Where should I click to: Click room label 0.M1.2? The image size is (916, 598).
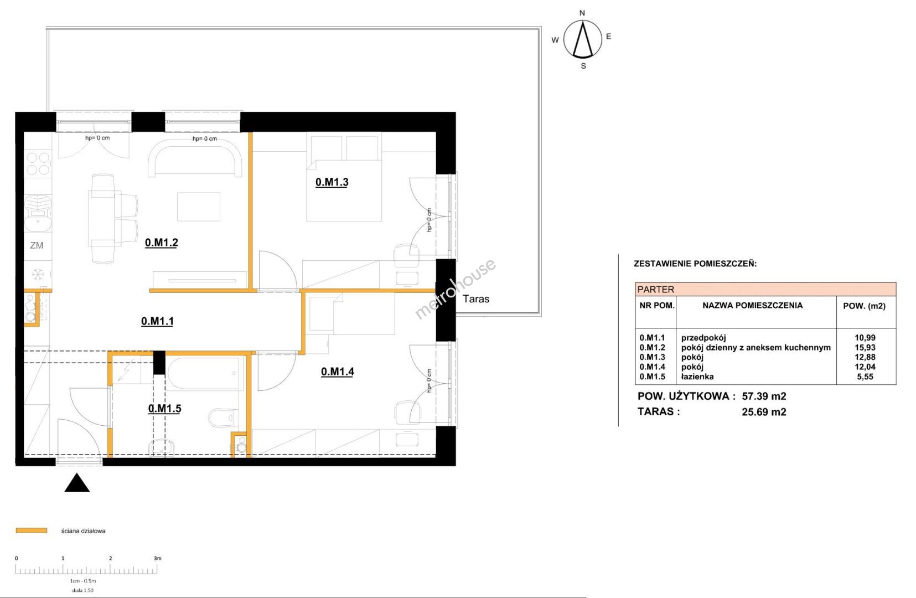(162, 243)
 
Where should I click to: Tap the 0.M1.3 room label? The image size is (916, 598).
(332, 182)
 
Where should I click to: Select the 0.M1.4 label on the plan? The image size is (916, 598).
(338, 372)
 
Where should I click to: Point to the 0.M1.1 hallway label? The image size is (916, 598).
(157, 321)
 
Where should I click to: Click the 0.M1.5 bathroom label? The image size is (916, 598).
(164, 408)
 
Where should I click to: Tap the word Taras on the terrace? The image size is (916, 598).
(476, 299)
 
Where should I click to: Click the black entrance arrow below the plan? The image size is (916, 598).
(77, 483)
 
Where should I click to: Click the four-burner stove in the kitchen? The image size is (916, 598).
(38, 163)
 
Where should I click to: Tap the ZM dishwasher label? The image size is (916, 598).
(37, 245)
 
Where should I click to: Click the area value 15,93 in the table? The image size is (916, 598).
(865, 347)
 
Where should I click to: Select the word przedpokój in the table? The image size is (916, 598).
(703, 338)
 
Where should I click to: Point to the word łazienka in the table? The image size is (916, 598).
(697, 377)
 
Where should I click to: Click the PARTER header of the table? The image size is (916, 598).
(655, 290)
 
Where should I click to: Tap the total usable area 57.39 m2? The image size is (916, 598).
(764, 396)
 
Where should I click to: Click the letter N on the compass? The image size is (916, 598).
(582, 13)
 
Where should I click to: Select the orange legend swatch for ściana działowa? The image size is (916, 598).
(32, 530)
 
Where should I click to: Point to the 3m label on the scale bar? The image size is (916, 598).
(157, 558)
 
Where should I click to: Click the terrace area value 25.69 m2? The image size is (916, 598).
(764, 412)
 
